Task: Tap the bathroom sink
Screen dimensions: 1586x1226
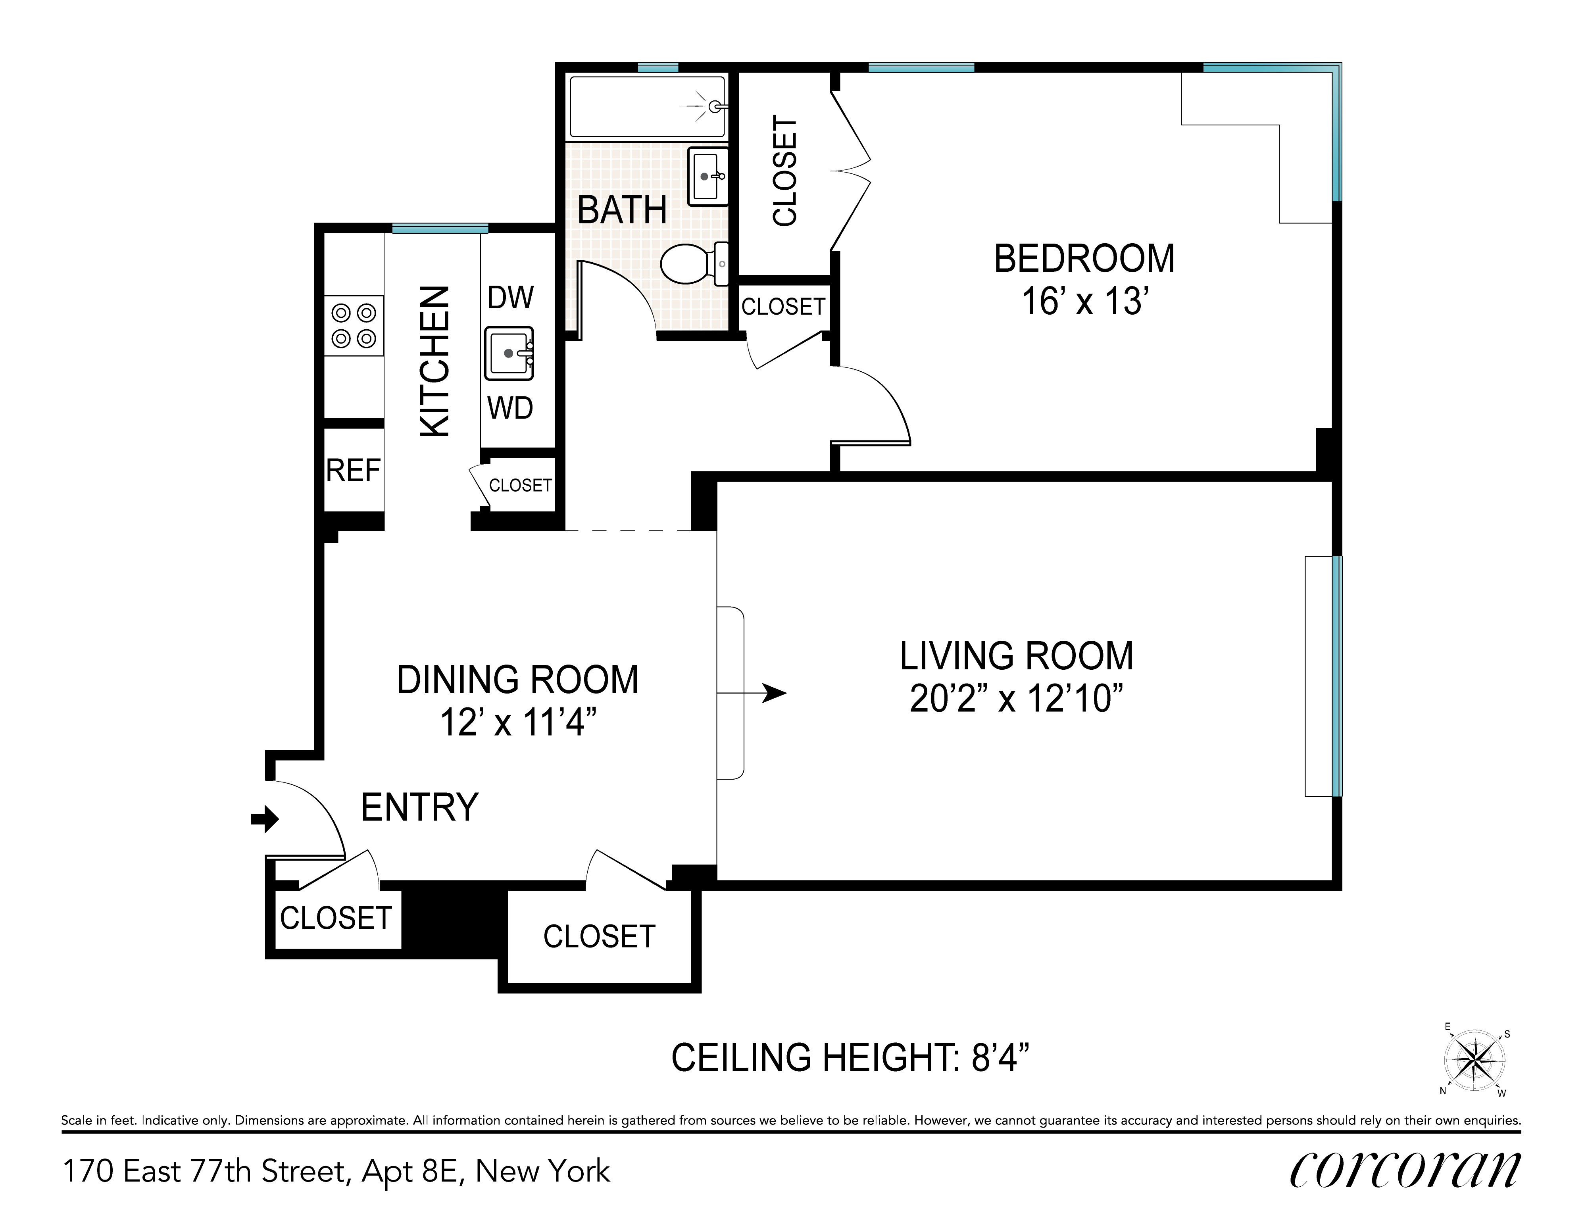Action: [x=708, y=177]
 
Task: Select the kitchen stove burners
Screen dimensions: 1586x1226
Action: [x=354, y=325]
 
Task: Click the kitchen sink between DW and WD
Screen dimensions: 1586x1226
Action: [x=509, y=354]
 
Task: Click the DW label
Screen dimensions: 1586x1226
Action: [x=511, y=298]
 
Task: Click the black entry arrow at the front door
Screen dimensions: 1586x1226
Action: [x=264, y=819]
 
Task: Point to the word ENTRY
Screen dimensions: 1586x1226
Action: [x=420, y=807]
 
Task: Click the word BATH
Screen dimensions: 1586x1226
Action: [x=622, y=211]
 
